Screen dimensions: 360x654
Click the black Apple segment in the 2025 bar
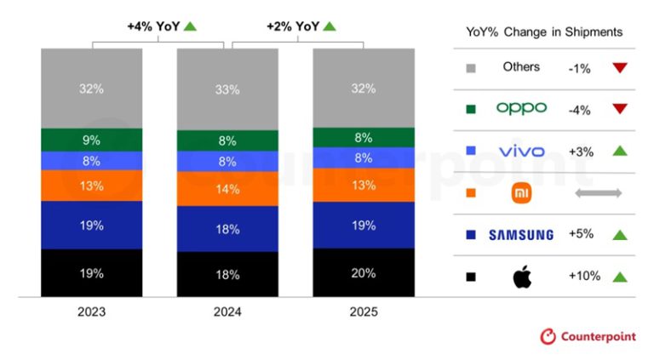click(363, 272)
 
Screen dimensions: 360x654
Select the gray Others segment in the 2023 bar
click(92, 88)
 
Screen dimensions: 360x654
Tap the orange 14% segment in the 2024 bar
click(227, 189)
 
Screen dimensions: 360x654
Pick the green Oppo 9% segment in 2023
click(92, 140)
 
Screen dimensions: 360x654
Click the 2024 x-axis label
click(227, 312)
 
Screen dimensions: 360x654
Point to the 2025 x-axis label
click(363, 312)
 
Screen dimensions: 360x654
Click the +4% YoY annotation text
click(153, 26)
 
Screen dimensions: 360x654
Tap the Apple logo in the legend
click(520, 277)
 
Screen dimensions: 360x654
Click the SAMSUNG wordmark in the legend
click(520, 235)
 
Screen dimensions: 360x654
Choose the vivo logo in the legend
click(520, 151)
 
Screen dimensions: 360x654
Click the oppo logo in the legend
click(520, 109)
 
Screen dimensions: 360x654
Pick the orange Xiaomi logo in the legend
click(520, 193)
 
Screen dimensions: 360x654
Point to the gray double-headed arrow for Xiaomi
click(599, 193)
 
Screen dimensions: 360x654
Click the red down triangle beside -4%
click(619, 109)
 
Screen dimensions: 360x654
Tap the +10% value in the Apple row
click(584, 277)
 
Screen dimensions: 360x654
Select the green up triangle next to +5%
click(619, 235)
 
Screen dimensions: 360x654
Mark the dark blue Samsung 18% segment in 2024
click(227, 229)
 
